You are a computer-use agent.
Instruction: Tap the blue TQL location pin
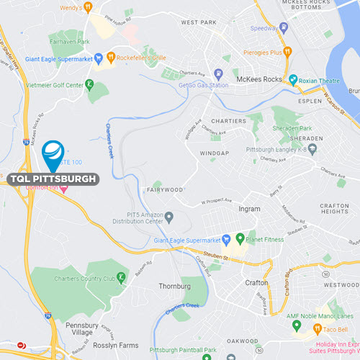(53, 152)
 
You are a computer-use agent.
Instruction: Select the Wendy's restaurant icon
(88, 7)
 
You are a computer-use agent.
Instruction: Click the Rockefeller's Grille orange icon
(111, 57)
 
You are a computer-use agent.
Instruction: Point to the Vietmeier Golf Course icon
(89, 84)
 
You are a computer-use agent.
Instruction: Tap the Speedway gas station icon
(284, 29)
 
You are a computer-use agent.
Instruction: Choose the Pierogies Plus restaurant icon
(287, 52)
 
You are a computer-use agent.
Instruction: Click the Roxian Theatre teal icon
(293, 79)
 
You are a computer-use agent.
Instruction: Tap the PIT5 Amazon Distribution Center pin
(169, 216)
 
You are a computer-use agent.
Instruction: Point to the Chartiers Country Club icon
(122, 278)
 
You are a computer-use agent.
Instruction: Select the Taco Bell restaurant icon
(318, 329)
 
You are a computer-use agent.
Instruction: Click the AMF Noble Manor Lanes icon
(296, 325)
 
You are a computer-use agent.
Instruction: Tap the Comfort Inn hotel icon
(64, 189)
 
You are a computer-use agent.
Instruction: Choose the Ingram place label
(249, 210)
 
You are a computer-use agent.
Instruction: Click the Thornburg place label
(175, 286)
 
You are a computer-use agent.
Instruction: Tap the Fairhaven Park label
(69, 42)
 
